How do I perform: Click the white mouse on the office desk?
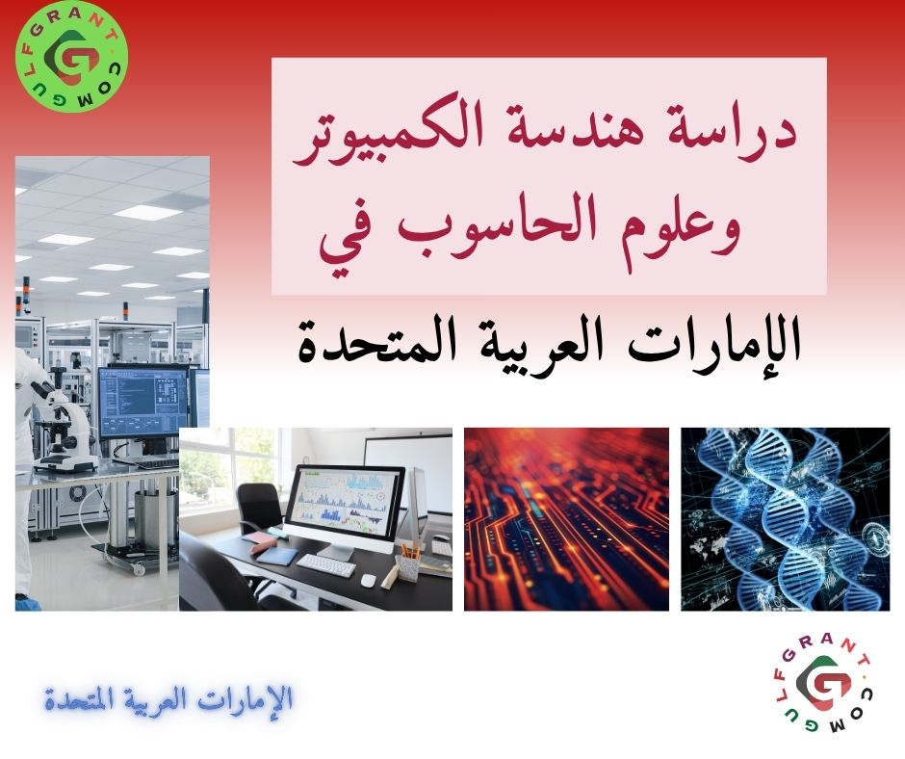click(x=367, y=580)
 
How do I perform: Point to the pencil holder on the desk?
click(x=409, y=563)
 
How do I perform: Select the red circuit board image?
click(x=566, y=519)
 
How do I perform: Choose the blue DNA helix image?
click(x=786, y=519)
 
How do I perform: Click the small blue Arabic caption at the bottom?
click(x=169, y=698)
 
